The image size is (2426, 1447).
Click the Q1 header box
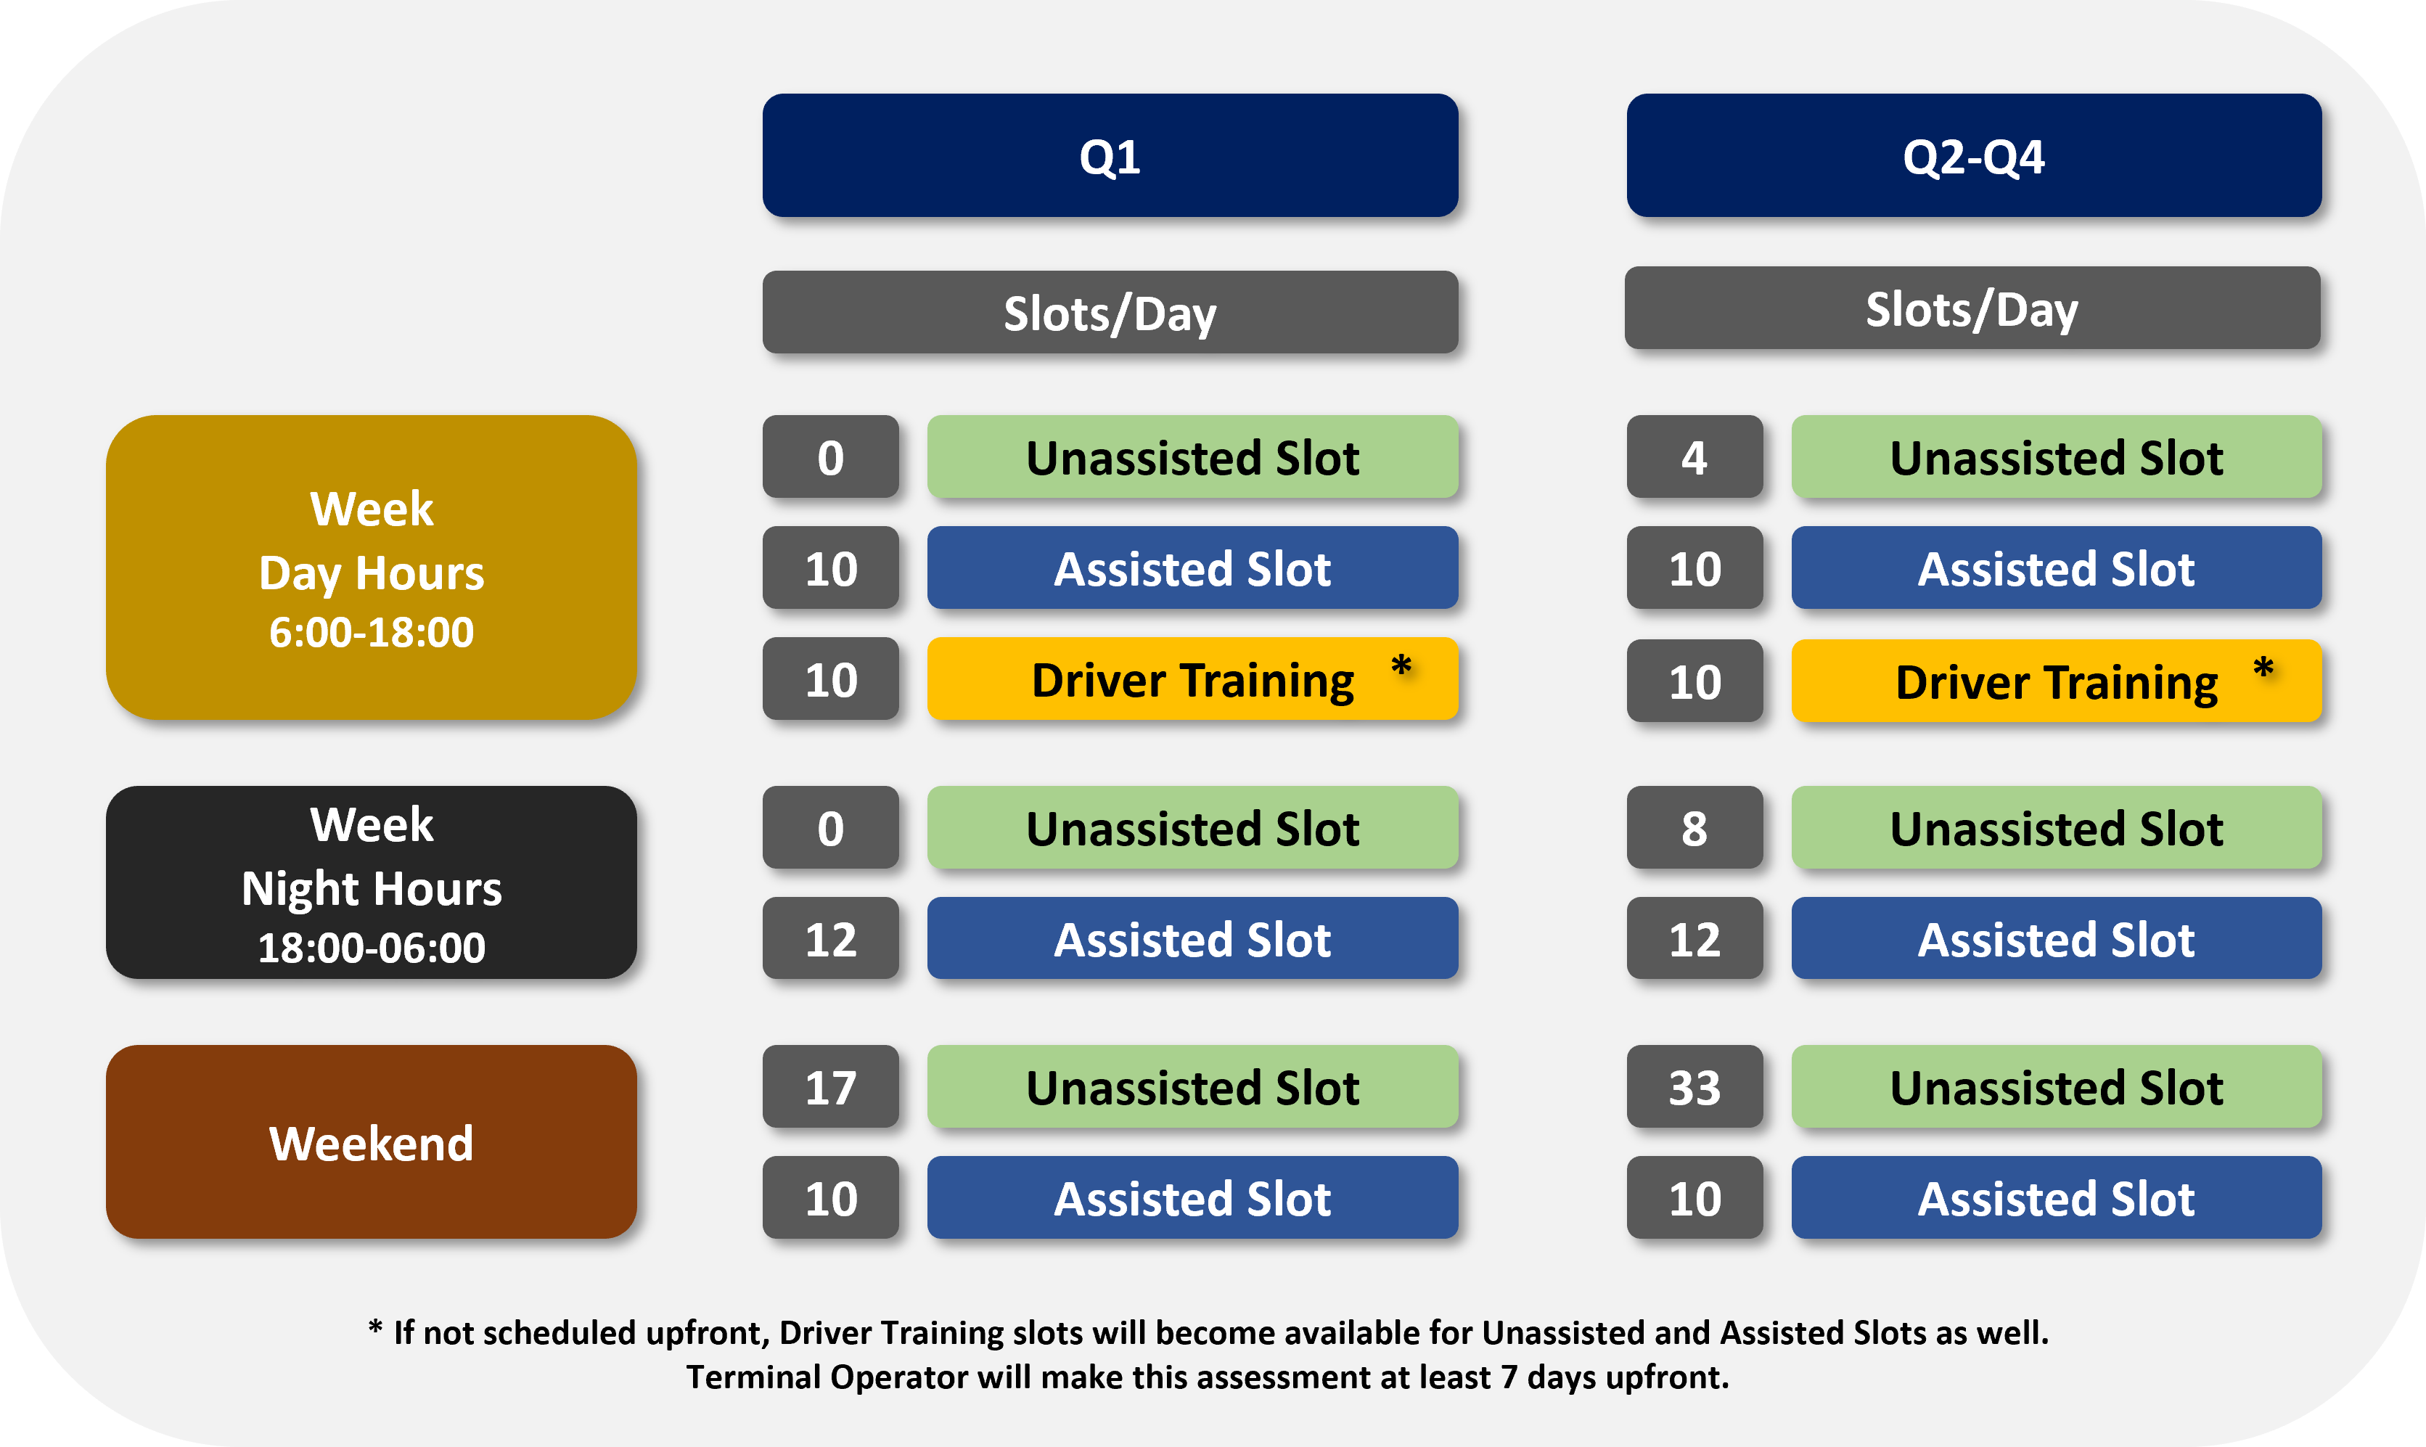click(1110, 155)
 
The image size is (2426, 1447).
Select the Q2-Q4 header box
click(1974, 155)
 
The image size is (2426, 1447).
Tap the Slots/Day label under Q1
click(1110, 312)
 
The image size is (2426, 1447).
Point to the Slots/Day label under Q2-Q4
click(1972, 308)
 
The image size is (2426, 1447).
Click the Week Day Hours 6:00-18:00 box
click(371, 567)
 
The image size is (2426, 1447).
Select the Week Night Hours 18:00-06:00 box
click(371, 882)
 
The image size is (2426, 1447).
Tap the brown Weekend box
click(371, 1141)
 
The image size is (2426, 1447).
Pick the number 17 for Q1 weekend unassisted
click(831, 1086)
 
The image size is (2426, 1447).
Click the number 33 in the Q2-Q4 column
click(1694, 1086)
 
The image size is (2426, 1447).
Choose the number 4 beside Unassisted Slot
click(1694, 456)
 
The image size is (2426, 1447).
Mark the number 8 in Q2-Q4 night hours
click(1694, 828)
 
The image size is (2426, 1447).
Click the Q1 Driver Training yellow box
click(1192, 679)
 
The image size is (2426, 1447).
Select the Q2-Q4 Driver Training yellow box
click(2057, 681)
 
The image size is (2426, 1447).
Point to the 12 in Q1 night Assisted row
click(831, 938)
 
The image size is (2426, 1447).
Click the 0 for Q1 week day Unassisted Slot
click(831, 456)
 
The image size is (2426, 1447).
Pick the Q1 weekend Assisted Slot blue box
click(1192, 1197)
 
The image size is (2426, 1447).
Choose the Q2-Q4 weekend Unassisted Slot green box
click(2057, 1086)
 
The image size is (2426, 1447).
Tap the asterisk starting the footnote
click(375, 1327)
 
